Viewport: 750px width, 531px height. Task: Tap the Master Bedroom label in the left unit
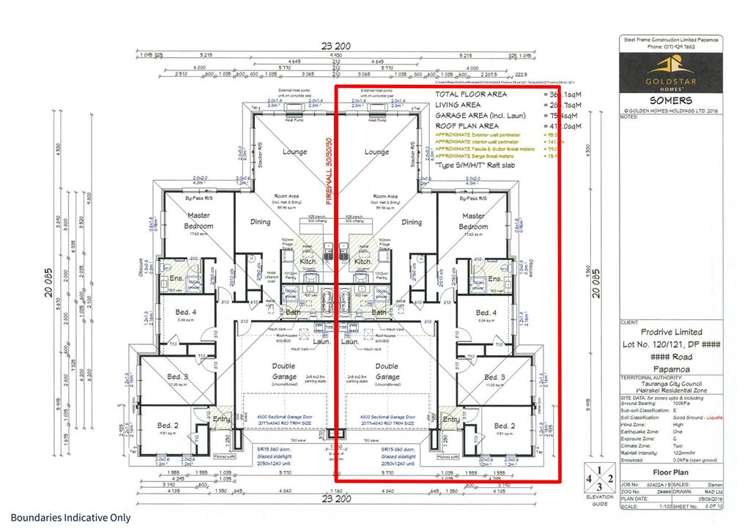tap(198, 221)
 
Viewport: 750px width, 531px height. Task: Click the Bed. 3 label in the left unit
tap(178, 377)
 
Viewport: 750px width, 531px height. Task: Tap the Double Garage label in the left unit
tap(284, 370)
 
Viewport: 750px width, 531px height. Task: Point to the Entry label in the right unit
tap(450, 418)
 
